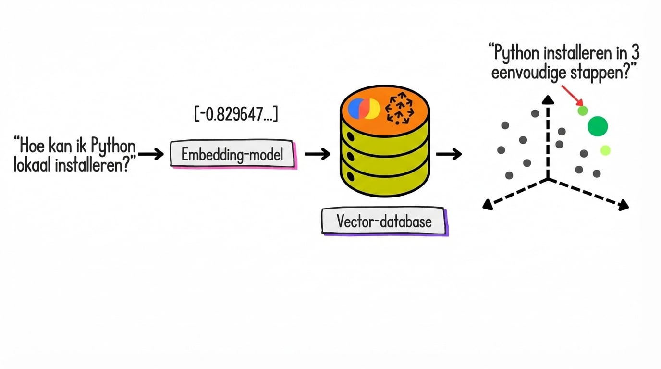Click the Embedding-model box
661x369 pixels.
pos(233,154)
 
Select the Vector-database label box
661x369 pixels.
pos(384,221)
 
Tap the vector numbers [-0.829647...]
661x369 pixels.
pos(236,114)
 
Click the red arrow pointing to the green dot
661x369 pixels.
pos(570,94)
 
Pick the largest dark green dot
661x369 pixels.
pos(598,126)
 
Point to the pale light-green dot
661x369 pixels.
pos(605,150)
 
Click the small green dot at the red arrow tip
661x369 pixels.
pos(582,111)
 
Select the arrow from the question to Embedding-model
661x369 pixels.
pos(151,154)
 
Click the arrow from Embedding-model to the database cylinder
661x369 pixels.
pos(318,154)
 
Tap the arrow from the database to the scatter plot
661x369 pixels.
pos(449,154)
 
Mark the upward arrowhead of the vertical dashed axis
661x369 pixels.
pos(548,99)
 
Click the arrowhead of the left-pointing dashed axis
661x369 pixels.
pos(487,205)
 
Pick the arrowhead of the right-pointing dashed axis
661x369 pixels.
pos(624,206)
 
